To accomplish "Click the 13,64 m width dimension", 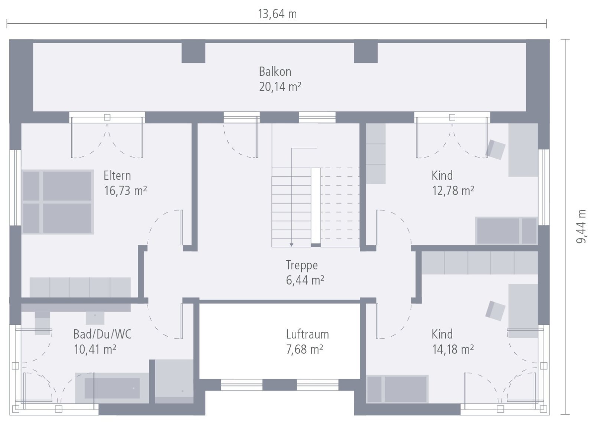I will pos(277,14).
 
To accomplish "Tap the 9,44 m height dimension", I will pos(581,226).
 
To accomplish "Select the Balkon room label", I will pos(275,71).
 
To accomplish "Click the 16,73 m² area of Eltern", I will pos(125,191).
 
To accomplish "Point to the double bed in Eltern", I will pos(58,202).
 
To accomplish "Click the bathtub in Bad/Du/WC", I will pos(112,388).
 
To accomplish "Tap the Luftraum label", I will pos(307,334).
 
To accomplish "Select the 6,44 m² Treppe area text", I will pos(304,280).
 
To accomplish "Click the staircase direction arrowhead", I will pos(291,245).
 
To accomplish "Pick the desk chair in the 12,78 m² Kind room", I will pos(496,149).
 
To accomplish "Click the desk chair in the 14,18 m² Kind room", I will pos(495,311).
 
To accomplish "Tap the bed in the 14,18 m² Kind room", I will pos(397,389).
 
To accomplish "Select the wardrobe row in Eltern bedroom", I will pos(80,287).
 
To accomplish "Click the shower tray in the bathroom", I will pos(174,381).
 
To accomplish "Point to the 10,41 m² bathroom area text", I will pos(95,349).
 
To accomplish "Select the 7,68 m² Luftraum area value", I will pos(304,349).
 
